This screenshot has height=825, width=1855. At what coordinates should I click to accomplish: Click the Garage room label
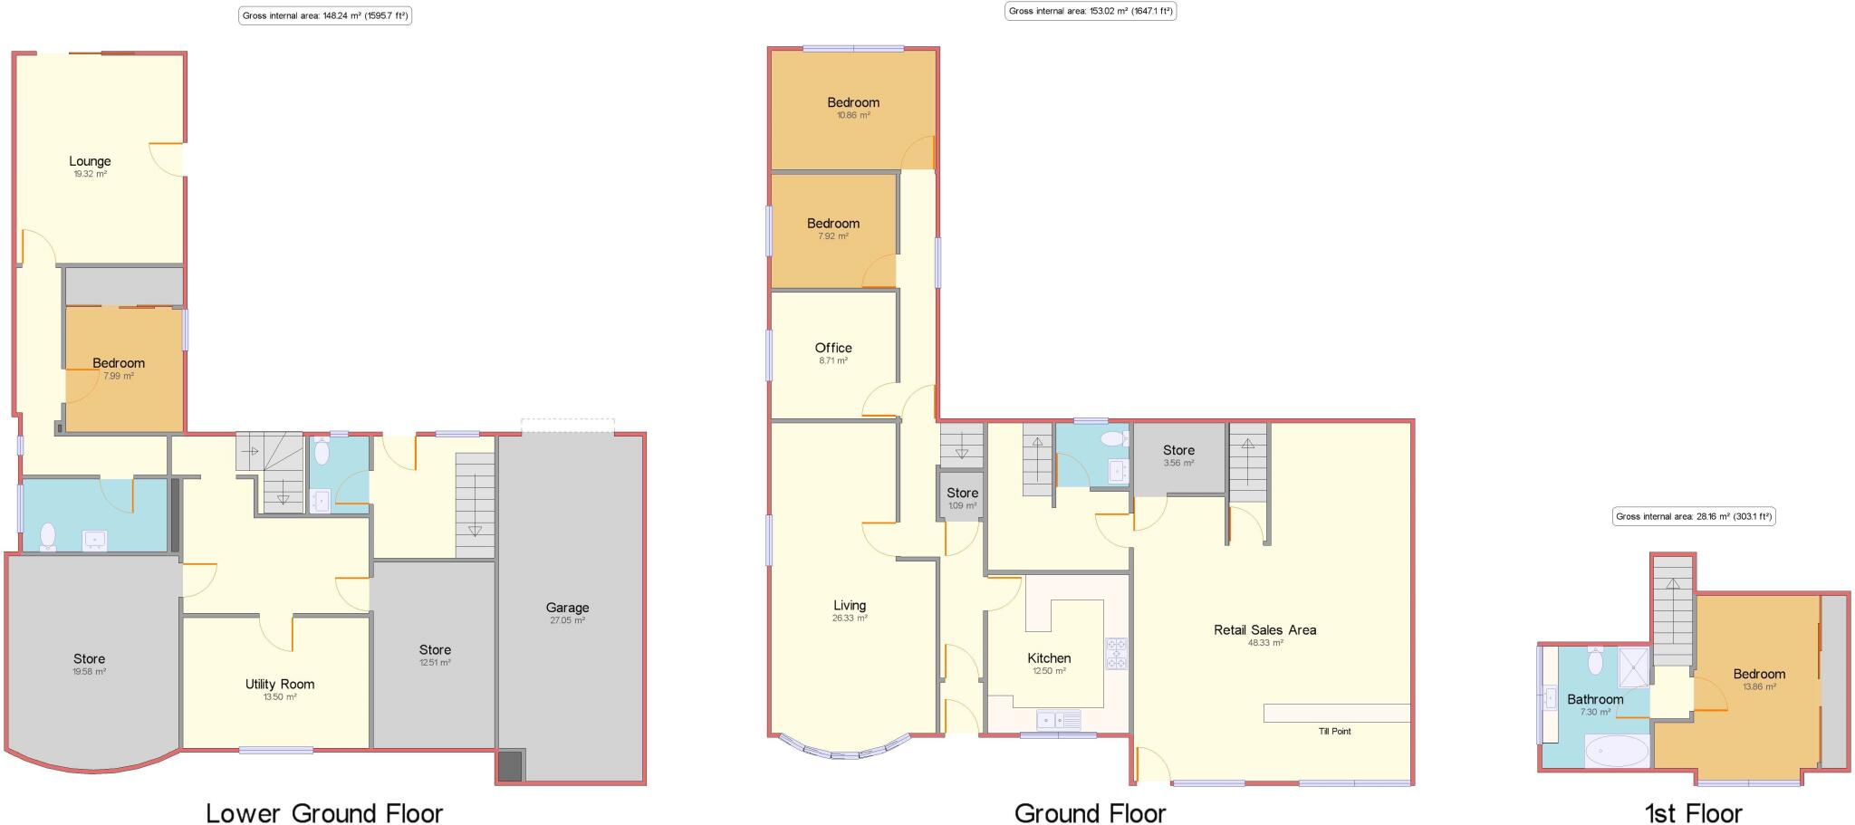(567, 608)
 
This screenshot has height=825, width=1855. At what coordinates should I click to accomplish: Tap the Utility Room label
(279, 685)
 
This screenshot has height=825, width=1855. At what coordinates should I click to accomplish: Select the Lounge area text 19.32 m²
(91, 174)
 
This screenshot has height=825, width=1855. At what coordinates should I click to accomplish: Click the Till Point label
(1334, 731)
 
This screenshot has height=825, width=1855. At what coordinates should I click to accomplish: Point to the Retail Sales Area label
(1264, 629)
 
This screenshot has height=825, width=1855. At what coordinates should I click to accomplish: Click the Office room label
(832, 348)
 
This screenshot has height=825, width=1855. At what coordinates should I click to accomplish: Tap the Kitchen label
(1049, 658)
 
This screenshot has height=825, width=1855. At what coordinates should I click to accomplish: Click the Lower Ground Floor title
(324, 812)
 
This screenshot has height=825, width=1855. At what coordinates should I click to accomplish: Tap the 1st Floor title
(1693, 812)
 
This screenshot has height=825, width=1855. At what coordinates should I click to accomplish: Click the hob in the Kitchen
(1116, 654)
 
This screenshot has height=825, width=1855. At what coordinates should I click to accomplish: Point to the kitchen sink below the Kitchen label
(1059, 721)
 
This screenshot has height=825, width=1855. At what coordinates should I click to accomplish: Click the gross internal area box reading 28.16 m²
(1694, 517)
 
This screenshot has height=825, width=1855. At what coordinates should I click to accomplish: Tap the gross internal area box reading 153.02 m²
(1091, 12)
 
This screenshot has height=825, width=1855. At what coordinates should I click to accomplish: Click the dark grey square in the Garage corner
(511, 766)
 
